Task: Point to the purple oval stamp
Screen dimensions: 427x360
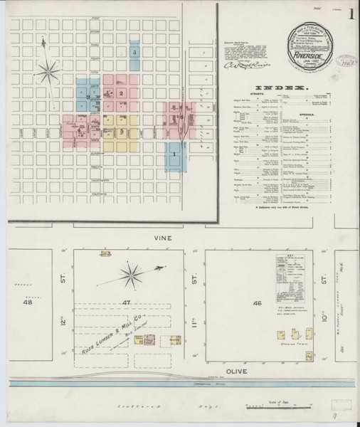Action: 339,63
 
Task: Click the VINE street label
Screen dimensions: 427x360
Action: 169,240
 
